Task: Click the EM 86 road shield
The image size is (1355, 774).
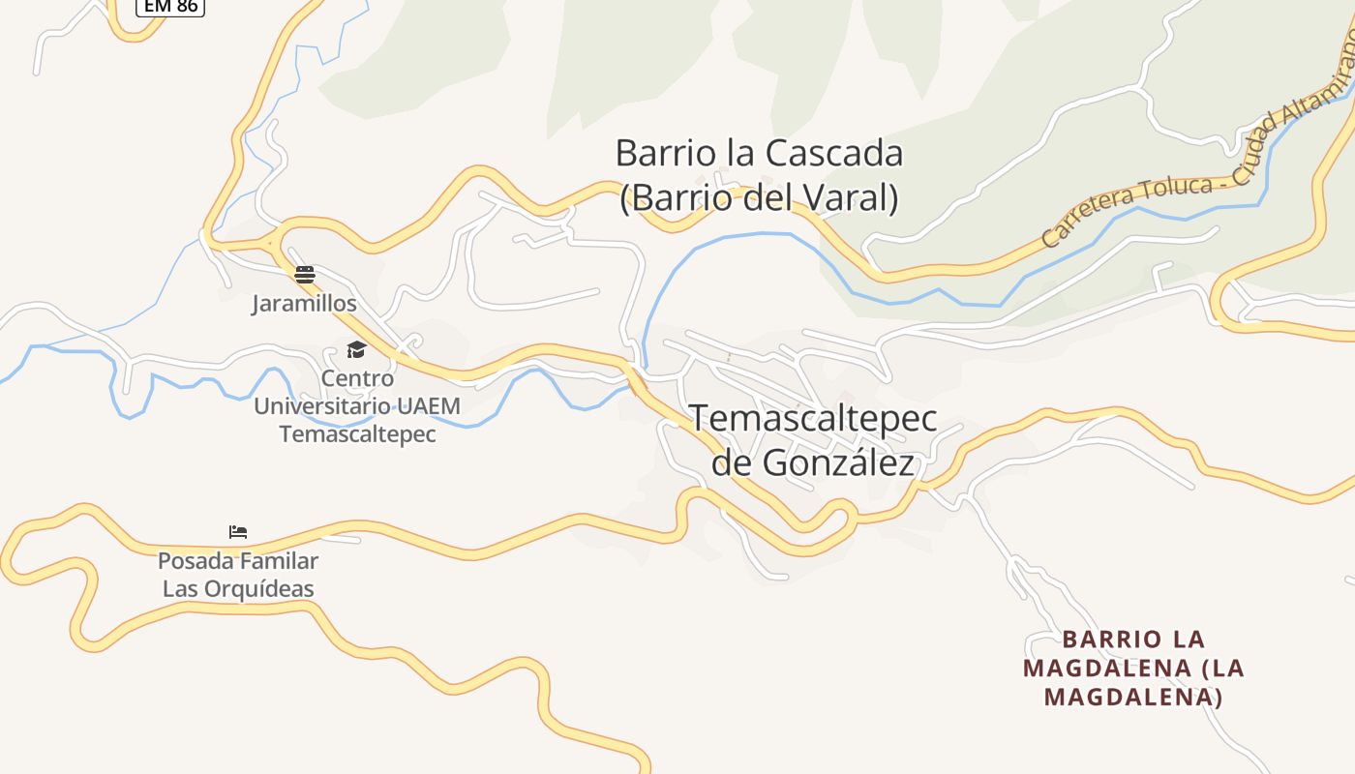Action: click(169, 6)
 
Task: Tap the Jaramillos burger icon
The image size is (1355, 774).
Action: click(305, 275)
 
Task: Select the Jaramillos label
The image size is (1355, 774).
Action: click(304, 304)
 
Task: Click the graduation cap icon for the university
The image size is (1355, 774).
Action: click(357, 350)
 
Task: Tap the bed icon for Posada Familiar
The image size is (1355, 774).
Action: click(238, 532)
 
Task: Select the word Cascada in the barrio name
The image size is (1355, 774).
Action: click(834, 153)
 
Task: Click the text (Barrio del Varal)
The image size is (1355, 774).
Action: click(759, 197)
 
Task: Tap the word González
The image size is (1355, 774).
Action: click(837, 463)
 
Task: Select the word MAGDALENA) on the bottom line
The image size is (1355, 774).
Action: click(1133, 697)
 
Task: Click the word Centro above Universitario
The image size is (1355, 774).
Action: click(357, 378)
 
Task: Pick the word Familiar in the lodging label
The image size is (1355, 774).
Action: click(279, 561)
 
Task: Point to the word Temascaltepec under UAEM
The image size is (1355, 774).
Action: click(357, 434)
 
